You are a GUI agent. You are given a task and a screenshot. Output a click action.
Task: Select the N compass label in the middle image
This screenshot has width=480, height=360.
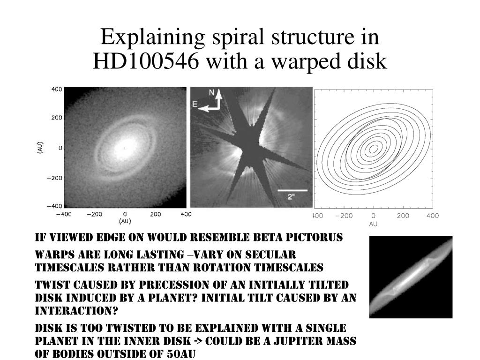click(x=212, y=92)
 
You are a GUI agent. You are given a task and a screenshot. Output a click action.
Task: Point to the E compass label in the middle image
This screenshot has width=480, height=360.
click(x=195, y=104)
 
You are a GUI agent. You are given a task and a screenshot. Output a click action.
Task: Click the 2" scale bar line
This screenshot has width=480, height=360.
click(x=292, y=190)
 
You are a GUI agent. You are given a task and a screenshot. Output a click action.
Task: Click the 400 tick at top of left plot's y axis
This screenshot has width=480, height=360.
click(x=57, y=89)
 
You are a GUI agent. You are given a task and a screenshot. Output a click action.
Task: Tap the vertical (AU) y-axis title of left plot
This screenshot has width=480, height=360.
click(x=40, y=148)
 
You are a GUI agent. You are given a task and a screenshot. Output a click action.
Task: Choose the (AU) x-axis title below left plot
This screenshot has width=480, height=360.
click(x=125, y=221)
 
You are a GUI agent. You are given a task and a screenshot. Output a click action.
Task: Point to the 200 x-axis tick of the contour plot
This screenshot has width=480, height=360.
click(x=403, y=216)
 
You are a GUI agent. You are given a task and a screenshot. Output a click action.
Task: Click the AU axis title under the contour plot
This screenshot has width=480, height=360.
click(x=373, y=224)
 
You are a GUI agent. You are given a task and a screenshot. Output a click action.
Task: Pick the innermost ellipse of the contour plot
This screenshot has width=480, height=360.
click(x=373, y=149)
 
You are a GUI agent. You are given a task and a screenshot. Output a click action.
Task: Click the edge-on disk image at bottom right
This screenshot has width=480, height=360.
click(x=411, y=277)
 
